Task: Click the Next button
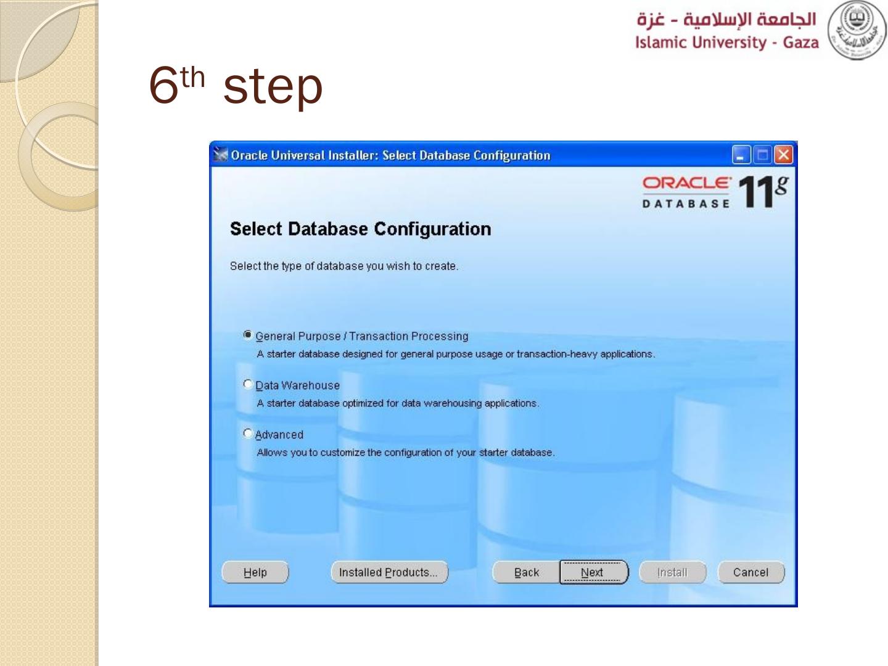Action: [x=594, y=572]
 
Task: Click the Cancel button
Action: [x=751, y=572]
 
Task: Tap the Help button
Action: [x=255, y=572]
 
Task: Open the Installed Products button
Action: [x=389, y=572]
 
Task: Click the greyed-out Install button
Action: [x=672, y=572]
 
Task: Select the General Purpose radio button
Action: [x=247, y=335]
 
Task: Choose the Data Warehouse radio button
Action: [x=247, y=384]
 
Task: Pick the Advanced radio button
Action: [x=247, y=434]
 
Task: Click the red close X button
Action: [x=784, y=155]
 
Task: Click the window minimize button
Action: [x=742, y=155]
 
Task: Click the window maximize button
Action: [x=763, y=155]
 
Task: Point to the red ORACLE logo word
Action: [x=687, y=183]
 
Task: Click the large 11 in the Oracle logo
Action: [x=756, y=192]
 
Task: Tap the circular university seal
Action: [x=857, y=30]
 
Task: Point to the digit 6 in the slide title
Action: [x=163, y=86]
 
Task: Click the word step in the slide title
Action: [x=273, y=88]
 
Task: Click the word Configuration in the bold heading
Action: [x=432, y=229]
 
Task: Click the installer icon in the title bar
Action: [x=221, y=154]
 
